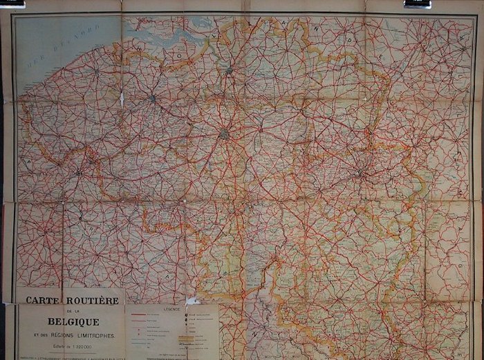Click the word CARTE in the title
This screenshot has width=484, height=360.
click(41, 301)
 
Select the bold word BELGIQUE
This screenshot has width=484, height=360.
click(73, 321)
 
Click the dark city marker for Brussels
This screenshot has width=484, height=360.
click(225, 133)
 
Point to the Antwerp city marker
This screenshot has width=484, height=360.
click(229, 69)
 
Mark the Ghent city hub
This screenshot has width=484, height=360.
click(152, 99)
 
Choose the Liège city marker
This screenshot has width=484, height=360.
click(360, 174)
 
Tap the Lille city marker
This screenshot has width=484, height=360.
click(79, 173)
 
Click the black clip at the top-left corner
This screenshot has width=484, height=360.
click(12, 3)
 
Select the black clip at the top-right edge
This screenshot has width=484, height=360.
click(418, 4)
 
